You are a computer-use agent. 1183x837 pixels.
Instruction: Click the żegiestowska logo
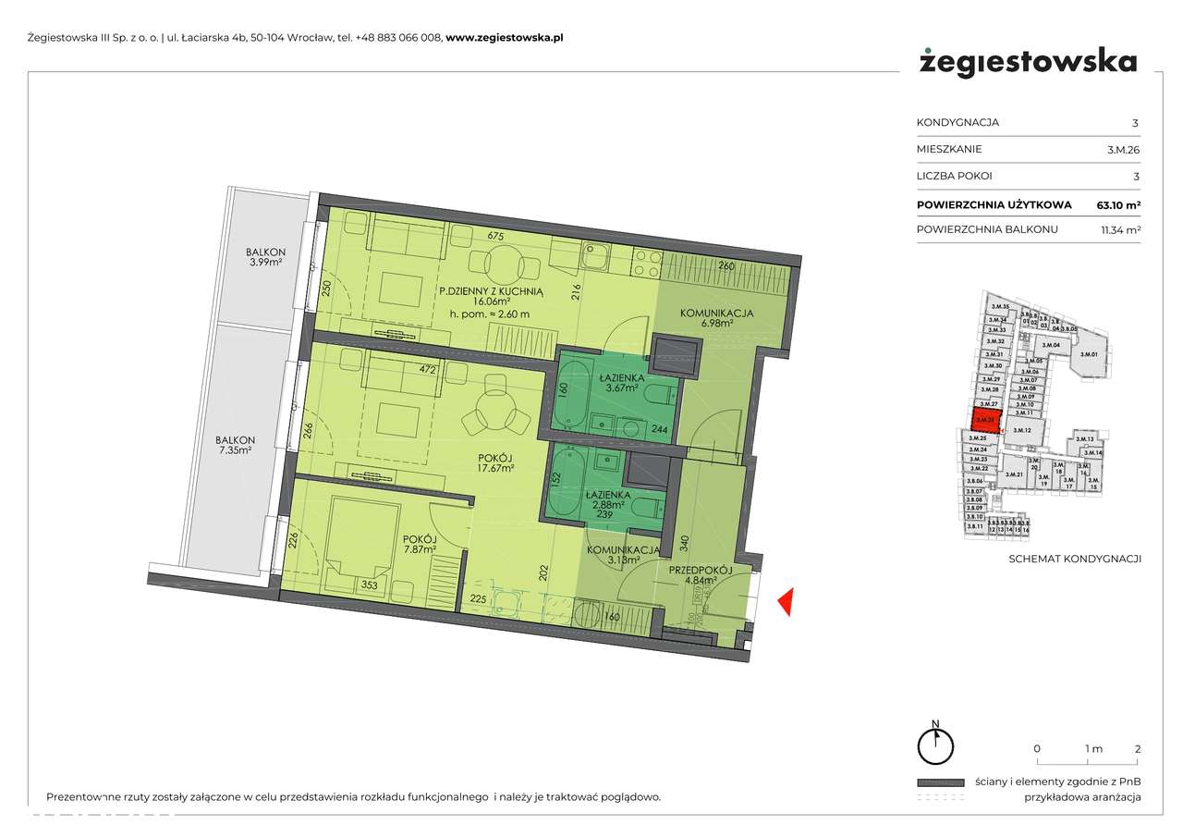tap(1028, 63)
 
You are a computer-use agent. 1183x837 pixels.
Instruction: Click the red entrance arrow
tap(785, 603)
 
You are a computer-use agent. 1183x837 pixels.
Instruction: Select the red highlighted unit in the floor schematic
tap(986, 420)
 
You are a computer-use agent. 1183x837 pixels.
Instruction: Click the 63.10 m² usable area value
tap(1118, 204)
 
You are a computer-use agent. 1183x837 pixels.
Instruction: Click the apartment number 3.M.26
tap(1122, 149)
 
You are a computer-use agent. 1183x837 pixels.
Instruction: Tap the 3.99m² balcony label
tap(265, 257)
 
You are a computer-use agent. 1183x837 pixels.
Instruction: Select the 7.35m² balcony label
tap(236, 446)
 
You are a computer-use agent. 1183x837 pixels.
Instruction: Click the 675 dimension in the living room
tap(494, 237)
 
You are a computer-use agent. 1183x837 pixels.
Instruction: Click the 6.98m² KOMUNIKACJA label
tap(716, 318)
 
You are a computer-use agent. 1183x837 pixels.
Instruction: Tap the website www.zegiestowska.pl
tap(505, 38)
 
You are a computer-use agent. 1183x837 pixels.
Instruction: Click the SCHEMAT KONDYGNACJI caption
tap(1074, 559)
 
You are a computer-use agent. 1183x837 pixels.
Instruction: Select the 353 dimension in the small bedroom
tap(368, 585)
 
